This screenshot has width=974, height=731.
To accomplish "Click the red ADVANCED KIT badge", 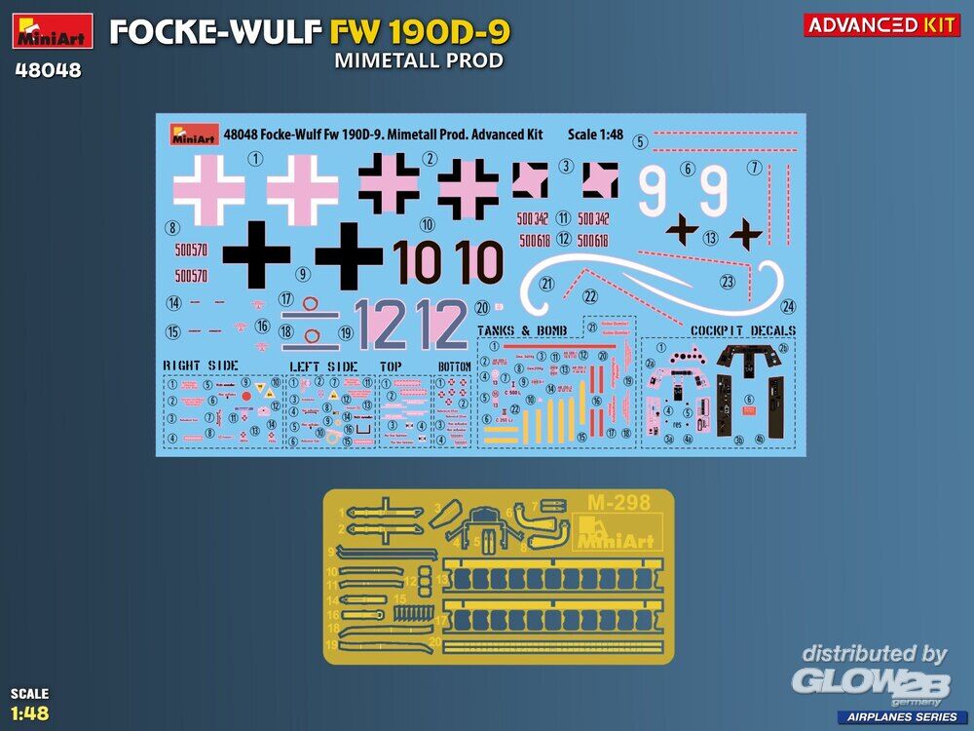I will [881, 25].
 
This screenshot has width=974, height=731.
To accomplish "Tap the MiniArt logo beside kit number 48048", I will [53, 31].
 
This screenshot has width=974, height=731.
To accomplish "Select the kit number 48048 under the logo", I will [47, 71].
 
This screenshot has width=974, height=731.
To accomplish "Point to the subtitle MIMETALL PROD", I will [419, 60].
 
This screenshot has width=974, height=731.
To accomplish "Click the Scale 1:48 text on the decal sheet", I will [596, 135].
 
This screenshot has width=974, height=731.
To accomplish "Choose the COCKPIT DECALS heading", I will [742, 331].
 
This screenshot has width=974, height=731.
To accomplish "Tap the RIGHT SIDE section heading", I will [201, 365].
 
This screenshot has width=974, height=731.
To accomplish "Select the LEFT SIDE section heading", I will [323, 366].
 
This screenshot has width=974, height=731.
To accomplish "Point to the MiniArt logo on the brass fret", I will [619, 534].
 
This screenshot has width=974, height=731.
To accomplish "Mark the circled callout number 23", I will [727, 282].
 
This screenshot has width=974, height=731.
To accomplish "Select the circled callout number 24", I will [788, 306].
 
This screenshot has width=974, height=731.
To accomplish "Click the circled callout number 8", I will [172, 229].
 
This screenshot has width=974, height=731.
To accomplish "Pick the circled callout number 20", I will [482, 307].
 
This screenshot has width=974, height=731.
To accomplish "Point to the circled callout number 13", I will [711, 237].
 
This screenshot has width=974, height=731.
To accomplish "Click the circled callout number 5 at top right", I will [640, 142].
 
